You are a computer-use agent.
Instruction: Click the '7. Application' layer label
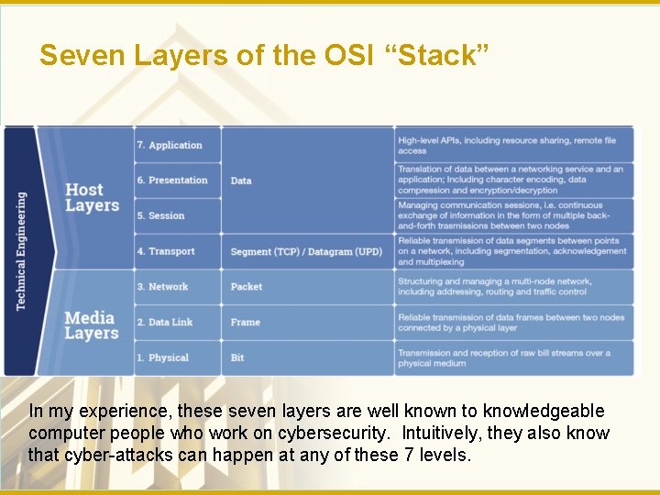pos(169,145)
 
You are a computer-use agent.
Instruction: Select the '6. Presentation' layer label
pos(172,181)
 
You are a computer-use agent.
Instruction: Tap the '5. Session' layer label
pos(160,216)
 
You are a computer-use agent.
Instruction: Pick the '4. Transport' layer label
pos(166,251)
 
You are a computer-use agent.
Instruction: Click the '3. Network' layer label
pos(162,287)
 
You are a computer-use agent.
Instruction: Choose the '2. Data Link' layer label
pos(165,323)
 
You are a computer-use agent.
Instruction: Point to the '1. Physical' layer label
pos(162,357)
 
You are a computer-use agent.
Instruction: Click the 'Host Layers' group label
pos(92,198)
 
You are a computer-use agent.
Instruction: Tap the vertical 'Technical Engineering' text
pos(21,250)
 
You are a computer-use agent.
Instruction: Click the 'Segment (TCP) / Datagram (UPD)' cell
pos(306,251)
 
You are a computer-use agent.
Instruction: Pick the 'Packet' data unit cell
pos(247,287)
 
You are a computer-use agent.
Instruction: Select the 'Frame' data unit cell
pos(246,323)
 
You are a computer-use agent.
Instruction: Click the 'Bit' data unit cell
pos(237,357)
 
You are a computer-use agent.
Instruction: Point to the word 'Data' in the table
pos(241,181)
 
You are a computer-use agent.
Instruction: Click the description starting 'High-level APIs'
pos(507,145)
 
